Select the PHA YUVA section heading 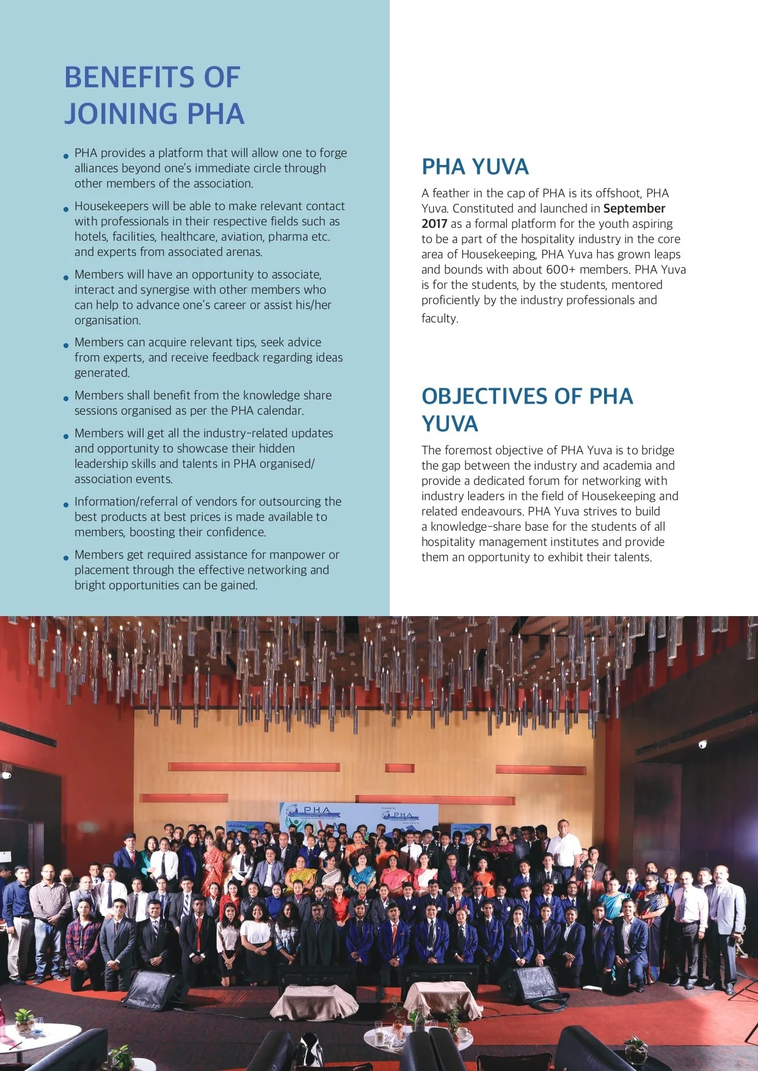[x=475, y=167]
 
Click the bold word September [x=633, y=208]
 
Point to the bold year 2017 [x=434, y=223]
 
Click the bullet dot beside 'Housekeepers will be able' [x=66, y=209]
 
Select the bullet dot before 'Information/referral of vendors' [x=66, y=504]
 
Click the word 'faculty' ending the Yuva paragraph [x=439, y=318]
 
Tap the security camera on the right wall [x=702, y=744]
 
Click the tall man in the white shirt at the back [x=564, y=846]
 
